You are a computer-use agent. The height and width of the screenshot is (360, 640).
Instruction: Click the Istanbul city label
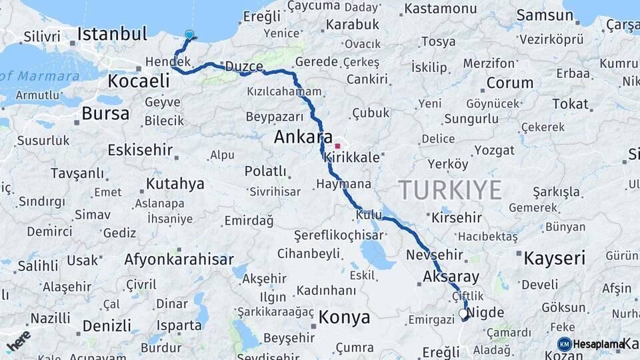coord(112,33)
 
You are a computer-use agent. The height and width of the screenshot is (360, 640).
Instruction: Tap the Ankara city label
coord(303,138)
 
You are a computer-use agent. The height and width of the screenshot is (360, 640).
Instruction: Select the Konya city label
coord(344,317)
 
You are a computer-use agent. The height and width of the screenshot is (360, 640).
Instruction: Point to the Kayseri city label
coord(554,258)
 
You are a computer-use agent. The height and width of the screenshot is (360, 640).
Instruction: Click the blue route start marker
coord(189,35)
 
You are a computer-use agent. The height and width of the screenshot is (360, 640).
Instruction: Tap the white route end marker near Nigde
coord(463,313)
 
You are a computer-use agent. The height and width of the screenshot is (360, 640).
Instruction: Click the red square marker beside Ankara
coord(338,146)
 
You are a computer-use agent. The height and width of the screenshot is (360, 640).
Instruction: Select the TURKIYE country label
coord(451,190)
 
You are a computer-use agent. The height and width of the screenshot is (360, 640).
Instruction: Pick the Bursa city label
coord(105,113)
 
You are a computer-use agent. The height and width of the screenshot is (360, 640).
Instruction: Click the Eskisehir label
coord(140,149)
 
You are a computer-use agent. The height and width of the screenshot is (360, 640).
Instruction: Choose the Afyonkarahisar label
coord(179,259)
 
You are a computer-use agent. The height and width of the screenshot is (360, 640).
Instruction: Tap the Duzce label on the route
coord(244,67)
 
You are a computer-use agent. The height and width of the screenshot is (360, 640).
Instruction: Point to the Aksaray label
coord(451,276)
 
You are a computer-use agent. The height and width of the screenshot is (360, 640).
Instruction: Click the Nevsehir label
coord(434,255)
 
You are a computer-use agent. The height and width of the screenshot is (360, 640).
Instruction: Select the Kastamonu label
coord(441,9)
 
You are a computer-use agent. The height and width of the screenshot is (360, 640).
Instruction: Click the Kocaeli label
coord(139,81)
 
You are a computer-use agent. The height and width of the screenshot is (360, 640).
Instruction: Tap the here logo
coord(18,339)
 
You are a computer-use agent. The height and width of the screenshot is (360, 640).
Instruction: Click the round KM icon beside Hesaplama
coord(564,344)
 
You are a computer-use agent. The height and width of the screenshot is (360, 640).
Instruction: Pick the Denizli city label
coord(107,326)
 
